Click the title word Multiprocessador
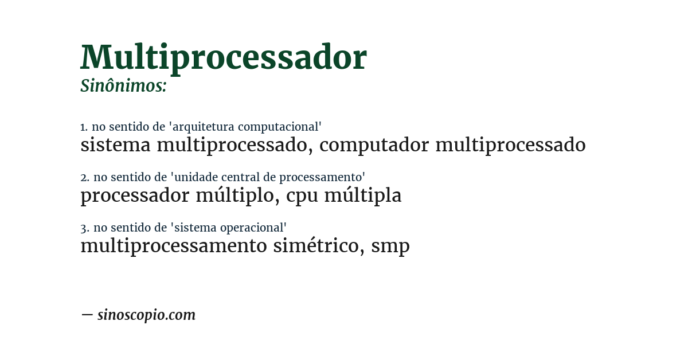click(x=224, y=58)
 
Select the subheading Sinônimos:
click(x=123, y=86)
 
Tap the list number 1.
click(x=84, y=127)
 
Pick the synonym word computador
click(x=374, y=146)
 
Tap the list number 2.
click(x=84, y=177)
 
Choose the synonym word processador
click(x=135, y=196)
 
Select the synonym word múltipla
click(x=363, y=196)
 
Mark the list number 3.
click(x=84, y=228)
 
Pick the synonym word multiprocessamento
click(x=174, y=246)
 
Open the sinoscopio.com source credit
click(x=146, y=315)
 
